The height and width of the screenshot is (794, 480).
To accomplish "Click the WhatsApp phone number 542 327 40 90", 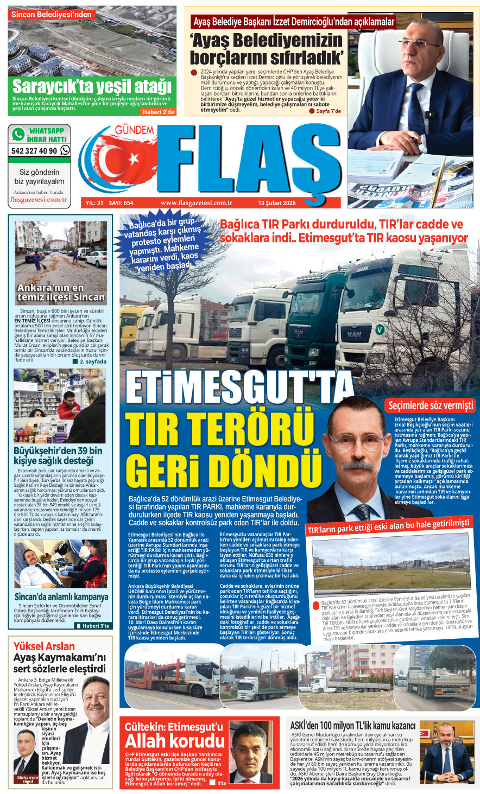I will (34, 151).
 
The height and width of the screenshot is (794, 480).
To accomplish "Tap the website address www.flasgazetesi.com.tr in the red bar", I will (197, 203).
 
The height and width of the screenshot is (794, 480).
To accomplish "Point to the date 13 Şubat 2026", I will (276, 203).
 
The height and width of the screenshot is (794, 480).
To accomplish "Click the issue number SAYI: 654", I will (121, 203).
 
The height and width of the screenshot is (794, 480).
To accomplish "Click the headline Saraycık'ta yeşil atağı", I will (92, 87).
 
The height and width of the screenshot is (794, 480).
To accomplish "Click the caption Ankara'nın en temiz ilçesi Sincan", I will (61, 293).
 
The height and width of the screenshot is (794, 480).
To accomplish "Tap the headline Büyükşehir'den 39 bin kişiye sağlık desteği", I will (58, 456).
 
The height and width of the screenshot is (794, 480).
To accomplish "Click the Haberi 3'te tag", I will (96, 626).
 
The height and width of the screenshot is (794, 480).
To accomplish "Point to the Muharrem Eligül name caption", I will (27, 779).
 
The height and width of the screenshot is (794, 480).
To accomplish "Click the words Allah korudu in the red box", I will (174, 741).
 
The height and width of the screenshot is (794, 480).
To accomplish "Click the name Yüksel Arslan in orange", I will (44, 646).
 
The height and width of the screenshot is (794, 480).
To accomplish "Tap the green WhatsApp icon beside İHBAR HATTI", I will (18, 134).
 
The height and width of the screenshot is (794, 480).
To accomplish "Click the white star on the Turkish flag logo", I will (132, 159).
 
